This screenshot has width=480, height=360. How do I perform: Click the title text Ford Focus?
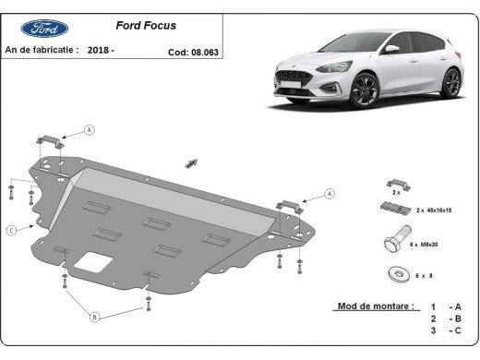click(x=146, y=27)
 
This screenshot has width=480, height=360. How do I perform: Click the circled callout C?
click(x=10, y=230)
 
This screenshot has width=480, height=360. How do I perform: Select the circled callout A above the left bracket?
click(x=90, y=129)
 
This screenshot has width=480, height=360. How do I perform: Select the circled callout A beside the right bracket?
click(x=330, y=194)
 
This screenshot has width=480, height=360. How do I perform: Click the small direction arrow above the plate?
click(x=192, y=162)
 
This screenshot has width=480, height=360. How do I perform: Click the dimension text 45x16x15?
click(x=439, y=211)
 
